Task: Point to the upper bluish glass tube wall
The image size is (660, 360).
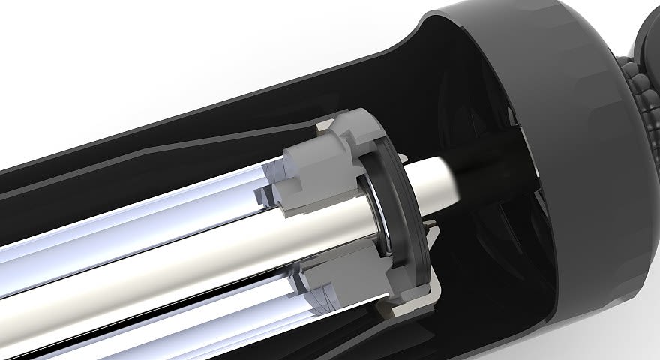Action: tap(150, 214)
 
